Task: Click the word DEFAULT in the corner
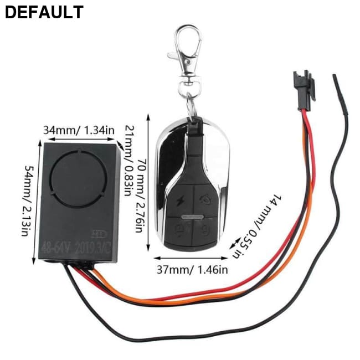tap(44, 12)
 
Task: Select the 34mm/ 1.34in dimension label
tap(79, 130)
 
